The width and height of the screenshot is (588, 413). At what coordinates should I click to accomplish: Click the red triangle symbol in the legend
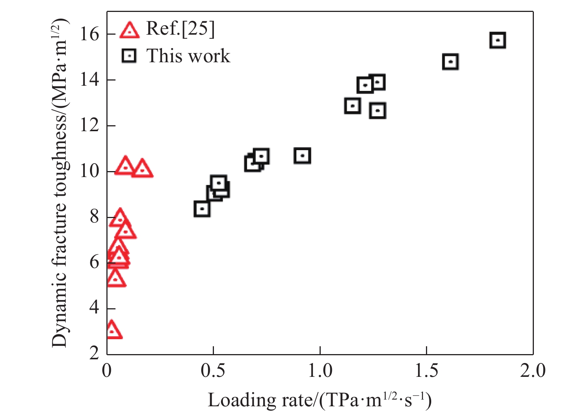point(130,30)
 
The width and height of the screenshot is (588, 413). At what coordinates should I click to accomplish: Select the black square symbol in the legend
point(129,56)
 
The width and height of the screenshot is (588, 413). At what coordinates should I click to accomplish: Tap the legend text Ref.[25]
point(180,29)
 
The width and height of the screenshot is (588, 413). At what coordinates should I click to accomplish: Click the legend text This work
point(188,56)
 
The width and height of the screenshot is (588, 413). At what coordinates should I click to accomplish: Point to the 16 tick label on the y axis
point(90,34)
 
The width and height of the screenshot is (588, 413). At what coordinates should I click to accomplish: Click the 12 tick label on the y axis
point(90,126)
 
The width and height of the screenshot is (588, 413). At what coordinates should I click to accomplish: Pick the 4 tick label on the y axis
point(94,308)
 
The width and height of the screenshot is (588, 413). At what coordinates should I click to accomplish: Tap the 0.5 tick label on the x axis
point(213,371)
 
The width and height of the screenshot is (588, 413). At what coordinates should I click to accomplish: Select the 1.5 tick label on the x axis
point(426,371)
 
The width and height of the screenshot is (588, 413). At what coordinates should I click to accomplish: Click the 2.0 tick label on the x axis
point(533,371)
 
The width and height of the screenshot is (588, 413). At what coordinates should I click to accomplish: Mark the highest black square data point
point(497,40)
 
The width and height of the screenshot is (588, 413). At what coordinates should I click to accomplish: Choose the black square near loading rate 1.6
point(450,62)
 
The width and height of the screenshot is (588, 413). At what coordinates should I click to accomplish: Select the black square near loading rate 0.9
point(302,155)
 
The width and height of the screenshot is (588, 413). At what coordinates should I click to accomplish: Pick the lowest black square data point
point(202,209)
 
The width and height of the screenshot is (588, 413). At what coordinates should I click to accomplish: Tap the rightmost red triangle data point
point(142,169)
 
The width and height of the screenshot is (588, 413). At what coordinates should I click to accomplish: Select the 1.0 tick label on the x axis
point(320,371)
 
